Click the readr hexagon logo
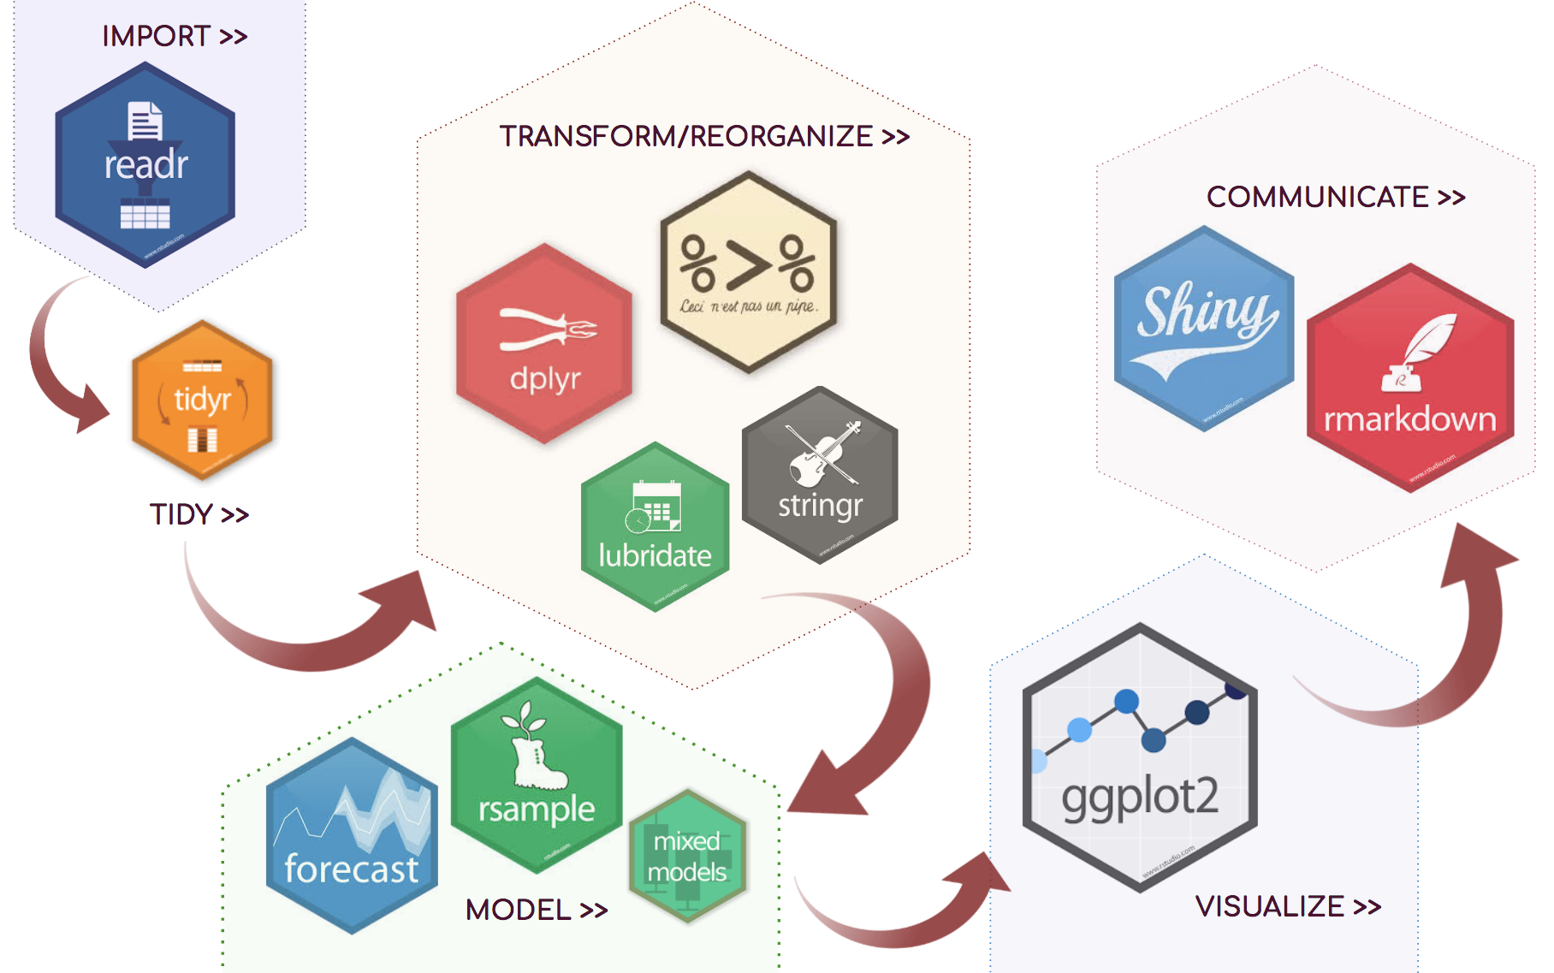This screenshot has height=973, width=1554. tap(145, 165)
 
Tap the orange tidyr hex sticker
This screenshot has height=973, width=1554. tap(202, 400)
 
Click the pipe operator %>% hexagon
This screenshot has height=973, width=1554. tap(748, 272)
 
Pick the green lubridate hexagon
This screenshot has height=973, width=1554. tap(655, 526)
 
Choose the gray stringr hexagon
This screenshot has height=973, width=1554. tap(820, 475)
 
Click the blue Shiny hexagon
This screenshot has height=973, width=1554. tap(1203, 329)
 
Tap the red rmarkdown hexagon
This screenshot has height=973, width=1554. tap(1409, 377)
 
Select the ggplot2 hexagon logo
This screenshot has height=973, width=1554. tap(1139, 757)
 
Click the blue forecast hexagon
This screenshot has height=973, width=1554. tap(352, 836)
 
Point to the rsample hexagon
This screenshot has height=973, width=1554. tap(537, 775)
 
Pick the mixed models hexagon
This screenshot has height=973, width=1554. tap(687, 856)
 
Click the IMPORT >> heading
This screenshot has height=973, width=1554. tap(175, 36)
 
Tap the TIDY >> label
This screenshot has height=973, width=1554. tap(199, 514)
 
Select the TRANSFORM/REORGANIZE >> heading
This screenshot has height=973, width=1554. tap(704, 136)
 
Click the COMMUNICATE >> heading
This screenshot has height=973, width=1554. tap(1335, 197)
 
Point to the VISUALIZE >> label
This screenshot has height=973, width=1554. tap(1288, 906)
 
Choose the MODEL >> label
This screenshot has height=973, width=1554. tap(537, 910)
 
